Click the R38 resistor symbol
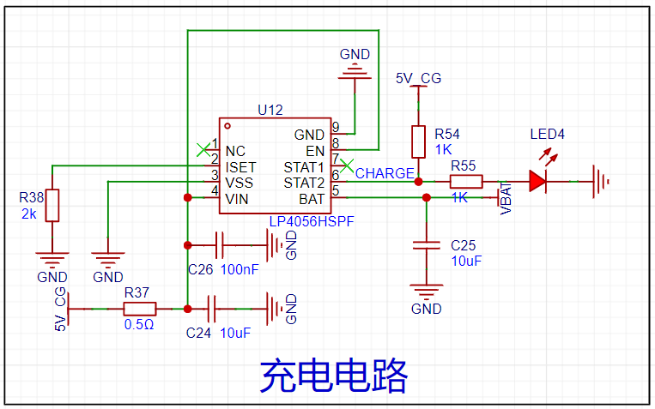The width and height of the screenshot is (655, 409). tap(52, 205)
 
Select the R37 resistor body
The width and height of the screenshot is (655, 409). tap(140, 309)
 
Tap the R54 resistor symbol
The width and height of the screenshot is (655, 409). tap(419, 141)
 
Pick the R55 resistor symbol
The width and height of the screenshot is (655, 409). tap(466, 182)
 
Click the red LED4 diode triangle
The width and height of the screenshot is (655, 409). tap(537, 181)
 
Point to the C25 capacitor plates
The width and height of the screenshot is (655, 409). tap(427, 245)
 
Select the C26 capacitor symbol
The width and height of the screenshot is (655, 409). tap(219, 245)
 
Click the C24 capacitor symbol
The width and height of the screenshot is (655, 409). tap(211, 309)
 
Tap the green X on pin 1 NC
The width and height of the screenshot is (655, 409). tap(203, 150)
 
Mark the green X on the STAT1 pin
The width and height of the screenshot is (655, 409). tap(347, 165)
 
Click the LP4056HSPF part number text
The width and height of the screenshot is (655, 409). tap(312, 221)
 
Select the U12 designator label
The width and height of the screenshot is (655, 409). tap(270, 110)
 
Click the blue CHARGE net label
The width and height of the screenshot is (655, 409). tap(385, 173)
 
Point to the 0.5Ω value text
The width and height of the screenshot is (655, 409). tap(139, 324)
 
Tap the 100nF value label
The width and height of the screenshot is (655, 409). tap(240, 269)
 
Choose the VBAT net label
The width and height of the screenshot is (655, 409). tap(506, 198)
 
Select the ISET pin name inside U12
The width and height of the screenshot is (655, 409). tap(240, 167)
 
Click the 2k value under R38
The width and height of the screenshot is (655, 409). tap(29, 214)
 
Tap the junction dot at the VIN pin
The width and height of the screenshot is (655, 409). tap(187, 197)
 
